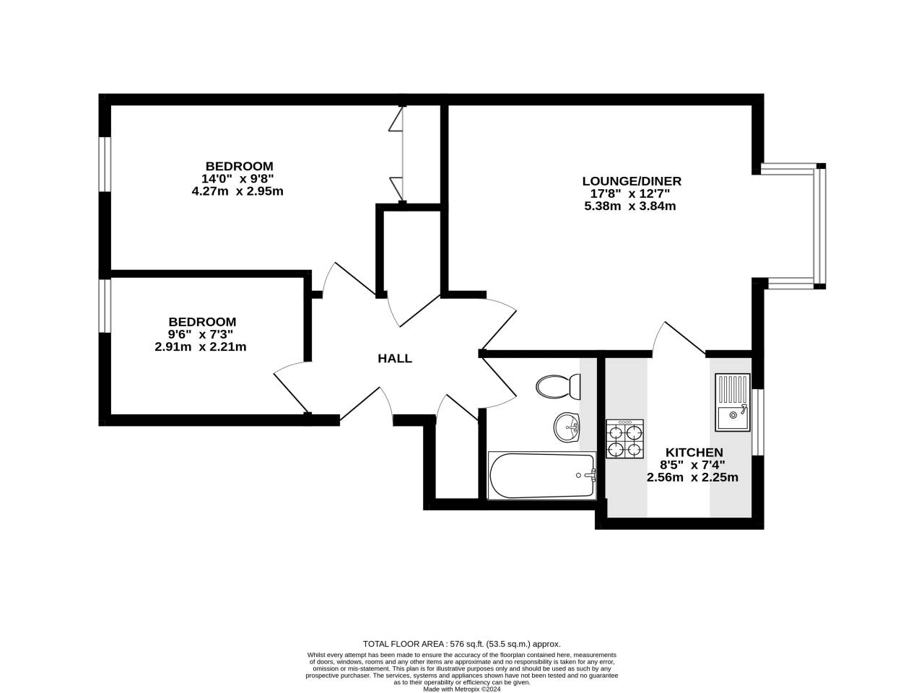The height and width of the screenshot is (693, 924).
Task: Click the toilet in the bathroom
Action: [559, 387]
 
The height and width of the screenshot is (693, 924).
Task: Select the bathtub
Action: [541, 475]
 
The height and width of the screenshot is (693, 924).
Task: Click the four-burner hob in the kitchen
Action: [624, 440]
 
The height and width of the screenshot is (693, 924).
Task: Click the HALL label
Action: [395, 359]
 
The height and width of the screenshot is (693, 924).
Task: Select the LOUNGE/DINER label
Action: [632, 181]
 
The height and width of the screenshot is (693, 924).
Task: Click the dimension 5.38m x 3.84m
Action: [629, 206]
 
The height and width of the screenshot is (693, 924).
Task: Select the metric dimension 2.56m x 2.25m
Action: [692, 477]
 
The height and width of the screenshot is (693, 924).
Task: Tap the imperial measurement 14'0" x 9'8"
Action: [239, 178]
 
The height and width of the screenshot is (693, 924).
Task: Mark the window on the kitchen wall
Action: [757, 422]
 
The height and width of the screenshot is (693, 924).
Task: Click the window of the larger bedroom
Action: [105, 164]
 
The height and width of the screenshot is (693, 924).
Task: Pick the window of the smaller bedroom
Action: [105, 306]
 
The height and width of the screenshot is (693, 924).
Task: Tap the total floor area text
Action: [461, 644]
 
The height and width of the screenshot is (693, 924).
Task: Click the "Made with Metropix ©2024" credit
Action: [461, 689]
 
